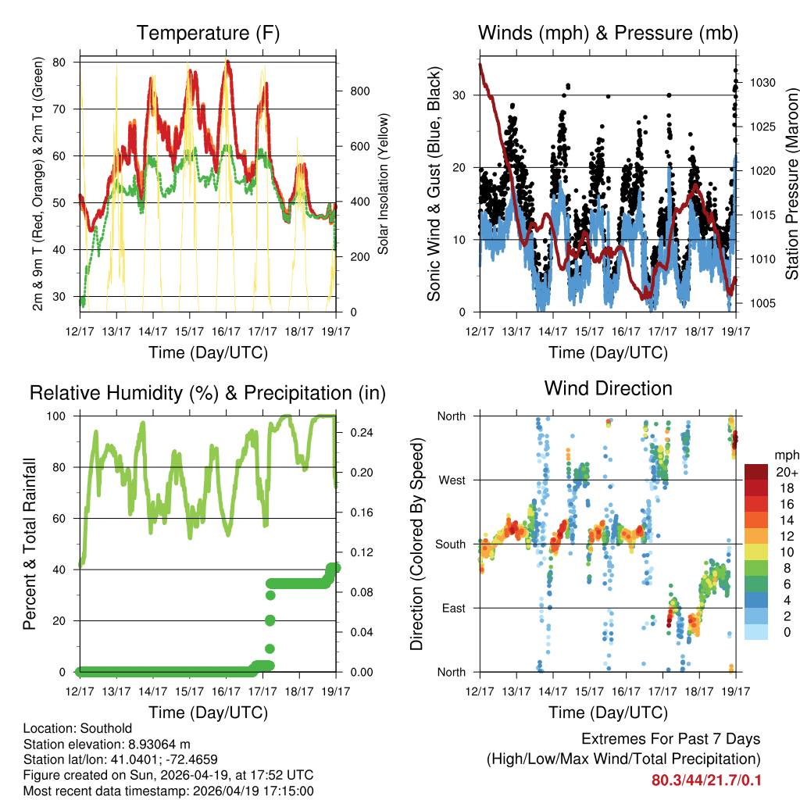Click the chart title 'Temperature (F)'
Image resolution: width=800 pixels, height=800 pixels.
pyautogui.click(x=207, y=33)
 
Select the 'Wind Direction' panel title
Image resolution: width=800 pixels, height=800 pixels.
pyautogui.click(x=608, y=387)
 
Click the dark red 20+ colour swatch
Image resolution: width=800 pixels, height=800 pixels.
pyautogui.click(x=756, y=472)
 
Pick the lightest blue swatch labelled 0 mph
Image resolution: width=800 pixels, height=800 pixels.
pyautogui.click(x=756, y=632)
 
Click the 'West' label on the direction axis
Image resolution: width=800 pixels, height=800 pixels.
pyautogui.click(x=451, y=480)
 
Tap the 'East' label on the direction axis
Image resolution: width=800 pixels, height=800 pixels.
pyautogui.click(x=452, y=608)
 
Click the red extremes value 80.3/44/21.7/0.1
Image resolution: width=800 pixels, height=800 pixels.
pyautogui.click(x=705, y=780)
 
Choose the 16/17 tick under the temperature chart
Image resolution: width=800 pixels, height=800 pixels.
pyautogui.click(x=226, y=331)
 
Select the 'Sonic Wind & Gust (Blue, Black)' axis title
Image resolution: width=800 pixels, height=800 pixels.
pyautogui.click(x=434, y=184)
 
